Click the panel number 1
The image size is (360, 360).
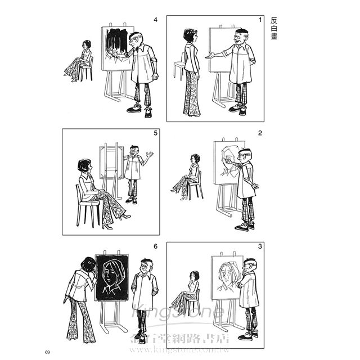pyautogui.click(x=260, y=20)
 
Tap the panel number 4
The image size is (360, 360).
pyautogui.click(x=155, y=20)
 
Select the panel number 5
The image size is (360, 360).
pyautogui.click(x=155, y=133)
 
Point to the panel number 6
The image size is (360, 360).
pyautogui.click(x=155, y=246)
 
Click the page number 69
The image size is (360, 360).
pyautogui.click(x=47, y=352)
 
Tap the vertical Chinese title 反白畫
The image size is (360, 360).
pyautogui.click(x=274, y=28)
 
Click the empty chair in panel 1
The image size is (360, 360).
pyautogui.click(x=179, y=66)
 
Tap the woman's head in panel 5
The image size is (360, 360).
pyautogui.click(x=85, y=166)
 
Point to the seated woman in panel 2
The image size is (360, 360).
pyautogui.click(x=186, y=177)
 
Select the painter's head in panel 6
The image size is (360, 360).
pyautogui.click(x=147, y=266)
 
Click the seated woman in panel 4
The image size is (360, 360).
pyautogui.click(x=79, y=61)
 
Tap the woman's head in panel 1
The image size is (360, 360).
pyautogui.click(x=191, y=36)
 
